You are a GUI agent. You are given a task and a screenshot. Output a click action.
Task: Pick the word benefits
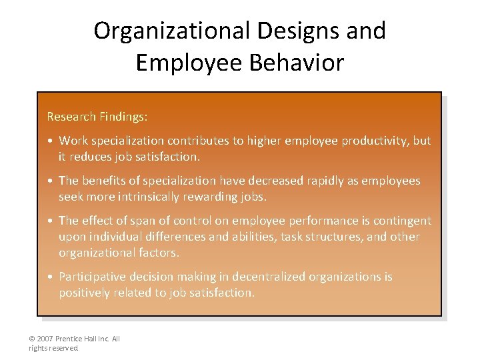(105, 181)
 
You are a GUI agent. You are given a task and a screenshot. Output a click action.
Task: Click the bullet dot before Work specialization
(51, 141)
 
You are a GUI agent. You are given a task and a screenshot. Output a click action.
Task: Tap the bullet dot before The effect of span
(51, 221)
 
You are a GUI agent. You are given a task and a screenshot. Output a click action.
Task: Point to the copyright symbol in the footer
(32, 339)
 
